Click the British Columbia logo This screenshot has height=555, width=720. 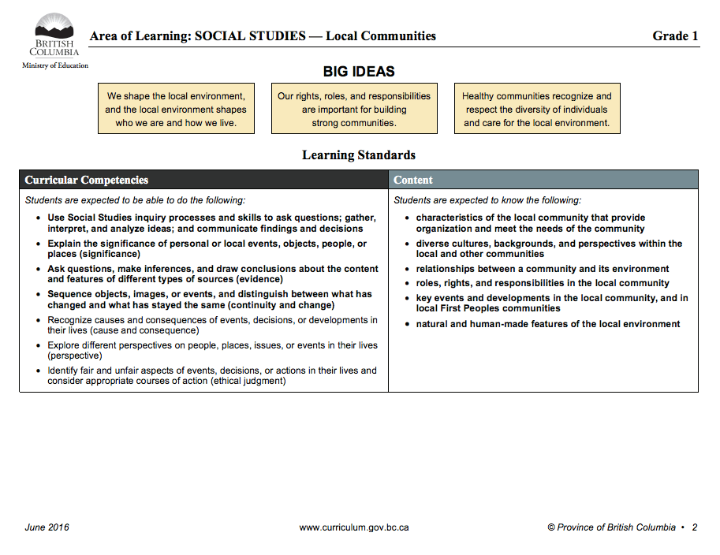(x=54, y=35)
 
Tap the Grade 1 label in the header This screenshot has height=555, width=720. (x=675, y=35)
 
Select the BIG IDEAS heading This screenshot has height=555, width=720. (x=359, y=72)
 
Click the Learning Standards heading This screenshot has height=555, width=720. (x=359, y=155)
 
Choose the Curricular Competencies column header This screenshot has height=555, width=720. (x=87, y=180)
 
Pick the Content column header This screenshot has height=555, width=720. (x=413, y=180)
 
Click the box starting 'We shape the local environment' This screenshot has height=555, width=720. (x=176, y=109)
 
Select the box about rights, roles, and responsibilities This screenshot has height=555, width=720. (x=354, y=109)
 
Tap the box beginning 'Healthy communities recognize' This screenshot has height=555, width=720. (x=536, y=109)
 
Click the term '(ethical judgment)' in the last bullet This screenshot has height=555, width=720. (x=248, y=381)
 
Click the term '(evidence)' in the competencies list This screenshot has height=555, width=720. (x=259, y=279)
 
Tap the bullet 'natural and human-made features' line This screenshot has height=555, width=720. (x=547, y=324)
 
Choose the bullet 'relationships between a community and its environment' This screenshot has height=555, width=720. (x=542, y=269)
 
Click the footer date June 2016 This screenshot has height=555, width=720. (x=47, y=527)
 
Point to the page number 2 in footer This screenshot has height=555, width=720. (x=694, y=527)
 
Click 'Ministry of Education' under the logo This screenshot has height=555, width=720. (x=55, y=65)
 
